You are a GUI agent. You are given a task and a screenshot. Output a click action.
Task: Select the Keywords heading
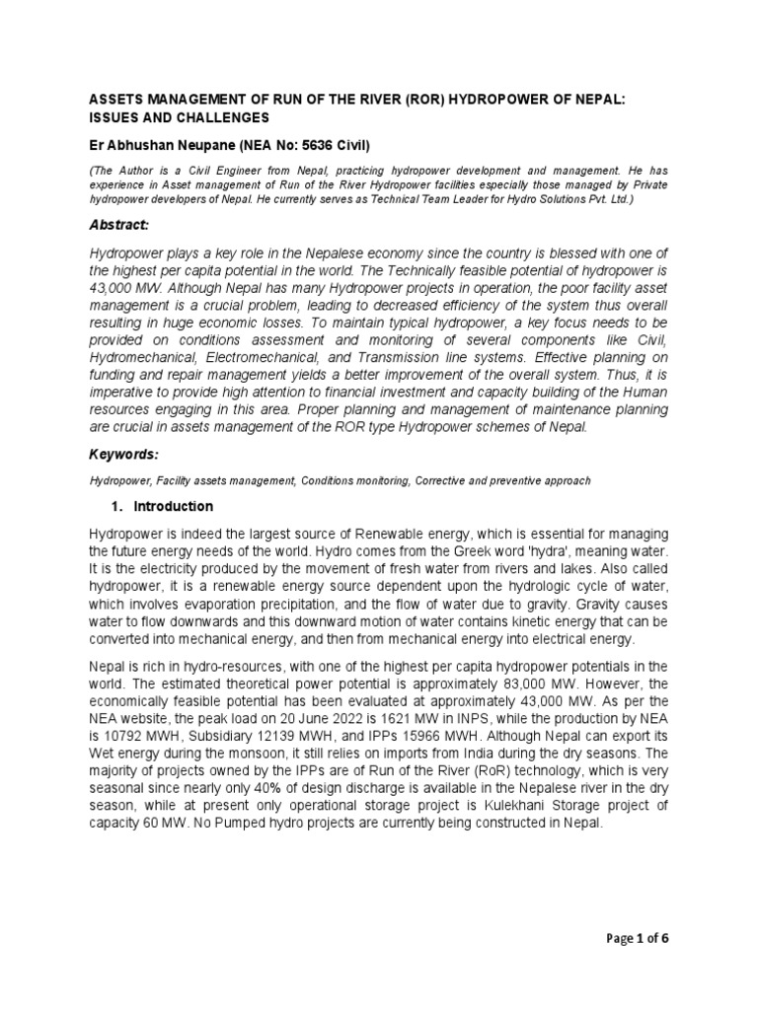tap(123, 454)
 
